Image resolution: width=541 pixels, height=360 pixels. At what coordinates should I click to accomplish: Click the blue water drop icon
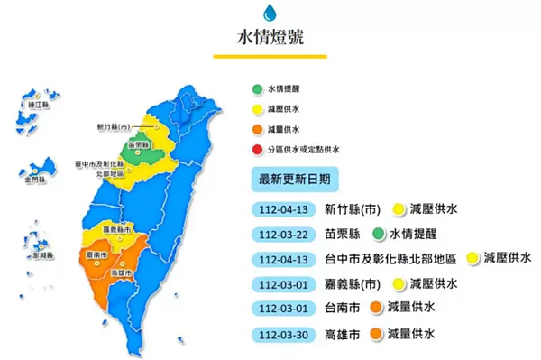(x=270, y=12)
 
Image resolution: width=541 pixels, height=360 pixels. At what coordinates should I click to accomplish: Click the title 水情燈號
(x=270, y=38)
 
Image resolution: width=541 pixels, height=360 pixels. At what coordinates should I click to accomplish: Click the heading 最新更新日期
(x=294, y=179)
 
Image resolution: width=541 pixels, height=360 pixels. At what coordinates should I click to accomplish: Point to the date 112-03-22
(x=284, y=234)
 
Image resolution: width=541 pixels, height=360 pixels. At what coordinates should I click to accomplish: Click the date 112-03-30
(x=284, y=335)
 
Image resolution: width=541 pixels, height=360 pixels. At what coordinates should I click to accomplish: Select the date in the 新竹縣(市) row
(x=284, y=209)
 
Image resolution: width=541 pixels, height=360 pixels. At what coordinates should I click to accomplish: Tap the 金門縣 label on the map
(x=37, y=180)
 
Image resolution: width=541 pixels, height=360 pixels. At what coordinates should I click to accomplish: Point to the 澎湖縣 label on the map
(x=41, y=255)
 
